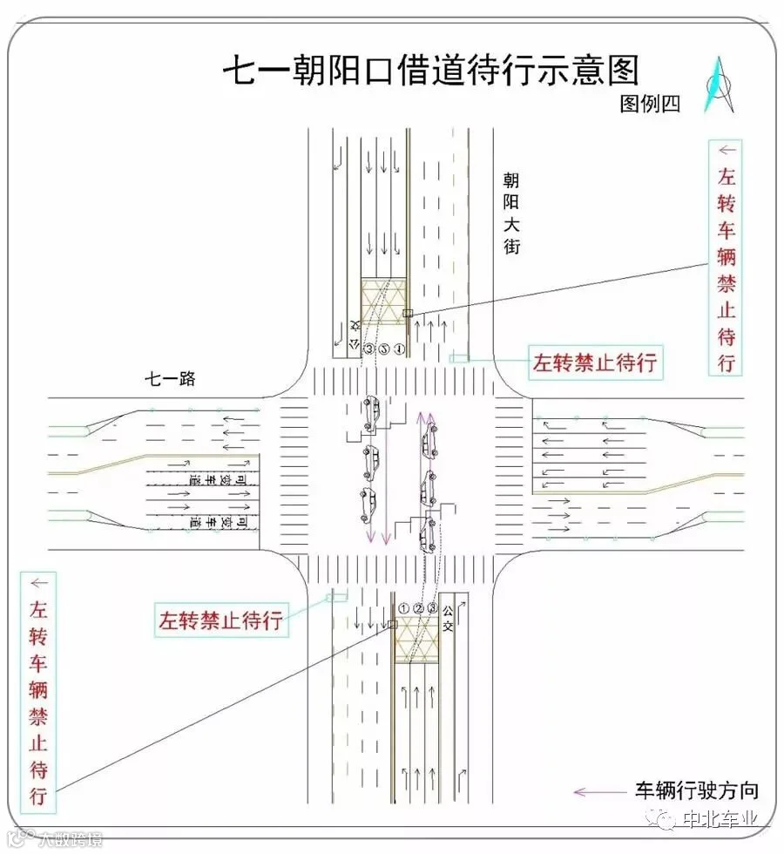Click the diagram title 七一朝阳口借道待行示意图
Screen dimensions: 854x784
click(x=431, y=70)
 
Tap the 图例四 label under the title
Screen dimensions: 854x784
click(x=649, y=104)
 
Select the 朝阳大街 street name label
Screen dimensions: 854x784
click(x=511, y=213)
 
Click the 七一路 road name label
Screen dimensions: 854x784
click(x=170, y=378)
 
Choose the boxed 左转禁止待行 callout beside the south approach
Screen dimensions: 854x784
click(x=220, y=620)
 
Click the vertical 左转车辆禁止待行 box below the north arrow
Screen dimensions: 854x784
click(x=726, y=257)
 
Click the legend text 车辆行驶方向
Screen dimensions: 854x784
click(x=697, y=791)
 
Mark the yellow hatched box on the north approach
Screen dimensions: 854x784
click(x=385, y=301)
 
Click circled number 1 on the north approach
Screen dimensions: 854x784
click(x=399, y=349)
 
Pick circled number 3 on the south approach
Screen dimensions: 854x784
click(x=431, y=607)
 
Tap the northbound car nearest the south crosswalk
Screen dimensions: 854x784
click(x=429, y=534)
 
